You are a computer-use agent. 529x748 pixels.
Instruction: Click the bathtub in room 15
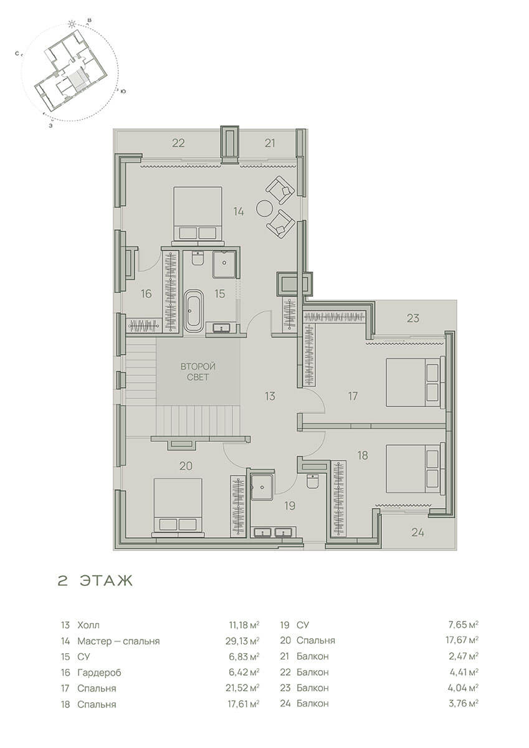pos(194,311)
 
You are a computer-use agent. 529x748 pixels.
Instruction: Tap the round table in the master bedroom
pos(265,208)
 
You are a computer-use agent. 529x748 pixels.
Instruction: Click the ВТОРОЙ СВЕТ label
pos(198,372)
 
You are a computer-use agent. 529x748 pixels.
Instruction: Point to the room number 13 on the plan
pos(270,396)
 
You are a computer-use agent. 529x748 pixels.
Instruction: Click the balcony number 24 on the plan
pos(417,532)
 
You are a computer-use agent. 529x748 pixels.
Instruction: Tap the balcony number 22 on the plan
pos(178,143)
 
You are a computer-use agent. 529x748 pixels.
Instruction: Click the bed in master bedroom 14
pos(198,213)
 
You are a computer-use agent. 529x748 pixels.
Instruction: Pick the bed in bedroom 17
pos(416,382)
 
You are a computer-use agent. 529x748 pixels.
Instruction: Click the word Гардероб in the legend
pos(99,673)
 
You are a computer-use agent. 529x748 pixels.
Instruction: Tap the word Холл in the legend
pos(88,625)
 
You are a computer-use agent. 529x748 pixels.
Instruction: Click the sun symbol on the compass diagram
pos(71,24)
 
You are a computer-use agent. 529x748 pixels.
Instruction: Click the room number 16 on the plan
pos(146,294)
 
